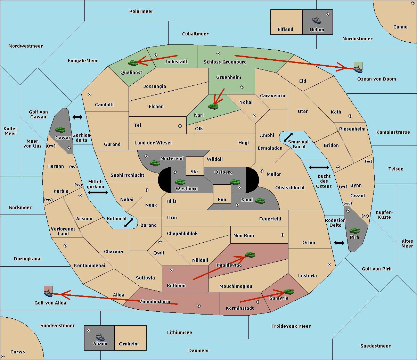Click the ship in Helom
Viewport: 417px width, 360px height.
pos(317,20)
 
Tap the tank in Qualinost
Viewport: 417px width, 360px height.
pos(133,63)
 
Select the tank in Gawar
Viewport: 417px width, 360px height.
pos(60,129)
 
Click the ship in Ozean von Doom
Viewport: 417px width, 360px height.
pos(358,69)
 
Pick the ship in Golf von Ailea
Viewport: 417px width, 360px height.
pos(48,293)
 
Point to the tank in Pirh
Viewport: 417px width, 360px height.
pos(354,231)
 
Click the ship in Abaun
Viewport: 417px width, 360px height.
pos(100,337)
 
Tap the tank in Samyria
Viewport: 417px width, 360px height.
pos(288,292)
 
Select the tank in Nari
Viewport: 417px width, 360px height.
pos(213,107)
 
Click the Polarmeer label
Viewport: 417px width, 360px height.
pos(141,11)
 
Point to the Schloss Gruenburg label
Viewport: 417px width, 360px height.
pos(225,62)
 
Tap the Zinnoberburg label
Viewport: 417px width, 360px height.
pos(155,301)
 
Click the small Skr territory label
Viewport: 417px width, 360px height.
pos(194,171)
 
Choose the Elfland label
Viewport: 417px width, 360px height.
pos(285,29)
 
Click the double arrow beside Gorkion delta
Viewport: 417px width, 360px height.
pos(77,117)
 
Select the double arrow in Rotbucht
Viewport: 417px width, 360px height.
pos(129,223)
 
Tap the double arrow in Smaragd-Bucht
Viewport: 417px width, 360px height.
pos(288,137)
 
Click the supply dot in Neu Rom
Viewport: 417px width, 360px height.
pos(283,235)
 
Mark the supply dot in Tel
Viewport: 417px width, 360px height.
pos(180,126)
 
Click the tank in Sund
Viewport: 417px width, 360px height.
pos(260,201)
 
